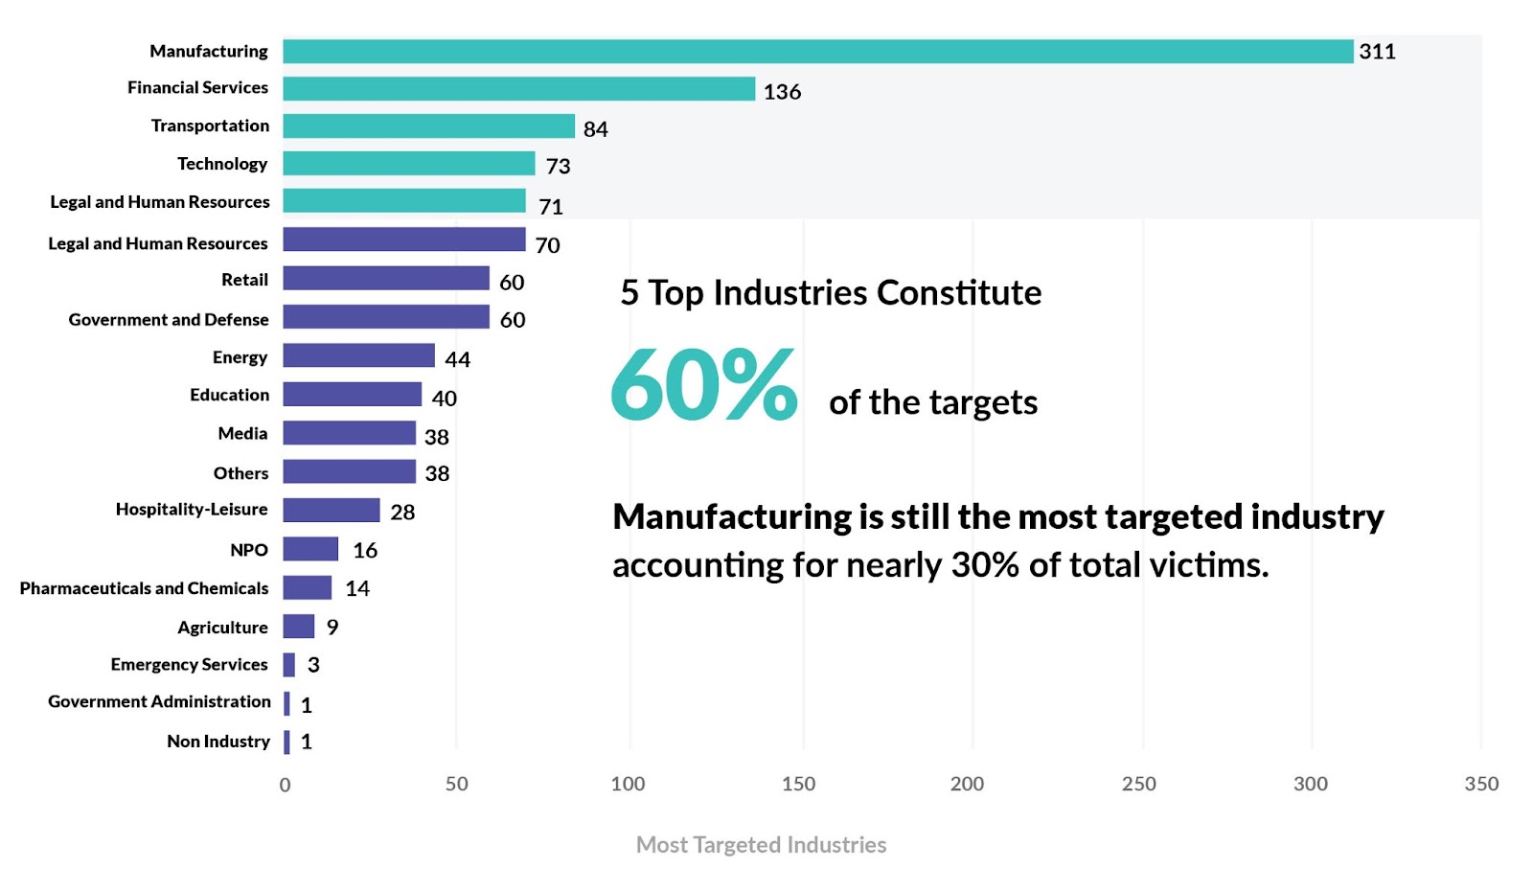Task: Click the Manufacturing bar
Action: point(817,52)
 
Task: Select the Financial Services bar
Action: point(518,89)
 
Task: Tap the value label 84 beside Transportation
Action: point(595,129)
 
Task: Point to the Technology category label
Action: point(222,164)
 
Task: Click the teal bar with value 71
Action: point(403,201)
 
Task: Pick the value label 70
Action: point(547,245)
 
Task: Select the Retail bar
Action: point(385,279)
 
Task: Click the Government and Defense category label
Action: point(169,319)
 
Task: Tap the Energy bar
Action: point(358,355)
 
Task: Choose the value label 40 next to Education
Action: point(444,398)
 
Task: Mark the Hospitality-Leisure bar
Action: point(331,510)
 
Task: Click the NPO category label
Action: point(249,550)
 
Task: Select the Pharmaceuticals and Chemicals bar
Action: point(307,587)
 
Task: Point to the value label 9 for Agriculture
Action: point(332,627)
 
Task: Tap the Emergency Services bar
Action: point(289,664)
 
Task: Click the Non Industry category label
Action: point(218,741)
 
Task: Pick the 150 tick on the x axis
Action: point(798,784)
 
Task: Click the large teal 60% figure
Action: point(703,385)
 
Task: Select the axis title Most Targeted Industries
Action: point(761,844)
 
